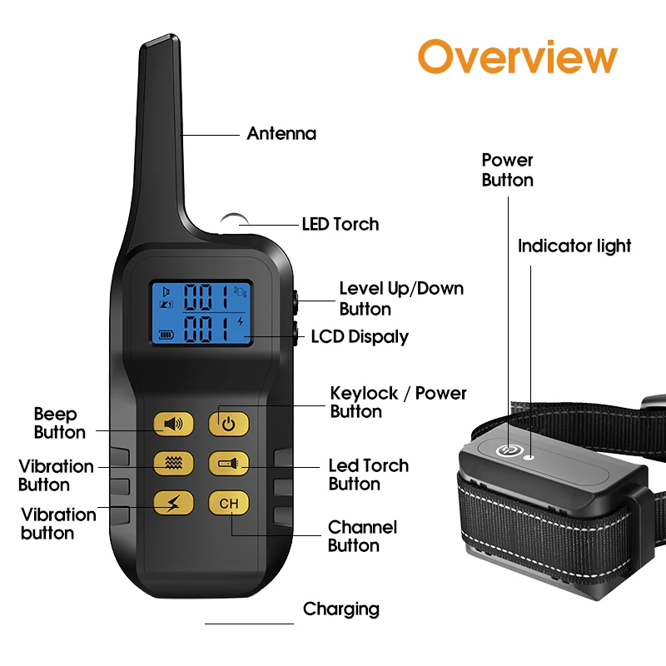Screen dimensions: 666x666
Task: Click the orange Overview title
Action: pyautogui.click(x=517, y=57)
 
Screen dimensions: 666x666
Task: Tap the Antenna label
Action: pyautogui.click(x=281, y=133)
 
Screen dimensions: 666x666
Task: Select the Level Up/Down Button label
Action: pyautogui.click(x=400, y=298)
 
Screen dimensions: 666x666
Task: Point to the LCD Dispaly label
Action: pyautogui.click(x=360, y=336)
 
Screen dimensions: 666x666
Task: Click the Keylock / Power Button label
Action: pyautogui.click(x=398, y=401)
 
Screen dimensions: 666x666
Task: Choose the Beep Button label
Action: pyautogui.click(x=59, y=423)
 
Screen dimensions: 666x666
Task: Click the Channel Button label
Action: pyautogui.click(x=361, y=536)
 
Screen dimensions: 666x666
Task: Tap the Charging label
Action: pyautogui.click(x=340, y=609)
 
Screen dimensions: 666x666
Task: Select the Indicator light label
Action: pyautogui.click(x=574, y=246)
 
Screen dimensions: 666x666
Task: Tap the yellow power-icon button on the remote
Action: pyautogui.click(x=229, y=424)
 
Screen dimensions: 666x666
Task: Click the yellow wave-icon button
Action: pyautogui.click(x=173, y=462)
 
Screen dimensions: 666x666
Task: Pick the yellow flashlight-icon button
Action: pyautogui.click(x=229, y=462)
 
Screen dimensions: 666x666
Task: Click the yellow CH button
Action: pyautogui.click(x=229, y=503)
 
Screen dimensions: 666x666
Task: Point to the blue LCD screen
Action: pyautogui.click(x=200, y=313)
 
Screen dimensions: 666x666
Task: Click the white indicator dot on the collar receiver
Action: pyautogui.click(x=528, y=455)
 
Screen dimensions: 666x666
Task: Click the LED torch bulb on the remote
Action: pyautogui.click(x=231, y=221)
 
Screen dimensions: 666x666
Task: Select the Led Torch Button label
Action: pyautogui.click(x=368, y=475)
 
